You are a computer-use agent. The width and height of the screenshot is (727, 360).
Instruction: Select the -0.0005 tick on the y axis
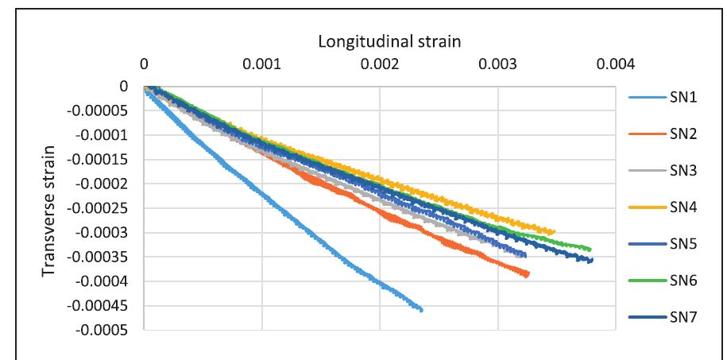[x=105, y=330]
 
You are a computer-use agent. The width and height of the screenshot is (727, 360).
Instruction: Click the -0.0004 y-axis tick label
[x=105, y=281]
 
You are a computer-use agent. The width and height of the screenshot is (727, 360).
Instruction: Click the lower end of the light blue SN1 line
[x=421, y=309]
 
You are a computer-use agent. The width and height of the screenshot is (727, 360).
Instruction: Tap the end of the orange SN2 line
[x=527, y=275]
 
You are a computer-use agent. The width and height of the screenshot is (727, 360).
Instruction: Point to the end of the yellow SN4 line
[x=554, y=231]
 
